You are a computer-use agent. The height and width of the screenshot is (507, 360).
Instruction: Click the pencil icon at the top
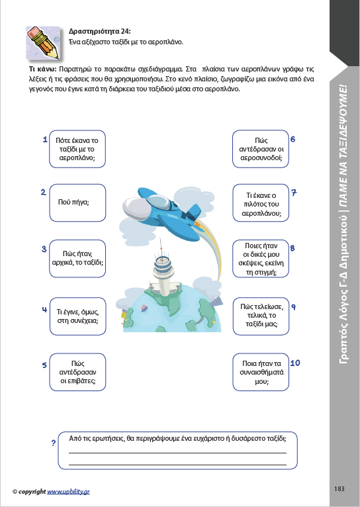[43, 43]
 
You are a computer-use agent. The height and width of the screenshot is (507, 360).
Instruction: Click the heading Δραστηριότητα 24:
[99, 31]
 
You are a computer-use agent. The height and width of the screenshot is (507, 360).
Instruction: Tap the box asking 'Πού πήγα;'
[77, 203]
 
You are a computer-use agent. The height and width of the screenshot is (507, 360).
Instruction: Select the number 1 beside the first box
[45, 140]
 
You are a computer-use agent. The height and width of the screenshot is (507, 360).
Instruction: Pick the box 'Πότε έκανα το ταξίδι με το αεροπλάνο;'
[77, 149]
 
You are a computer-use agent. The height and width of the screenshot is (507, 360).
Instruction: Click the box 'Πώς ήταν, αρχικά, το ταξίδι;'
[77, 258]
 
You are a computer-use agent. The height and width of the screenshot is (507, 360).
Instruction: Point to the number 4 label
[44, 310]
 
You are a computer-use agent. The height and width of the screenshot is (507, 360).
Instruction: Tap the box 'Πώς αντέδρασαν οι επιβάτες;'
[77, 372]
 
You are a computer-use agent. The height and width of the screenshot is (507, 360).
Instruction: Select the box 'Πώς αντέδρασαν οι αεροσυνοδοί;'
[261, 149]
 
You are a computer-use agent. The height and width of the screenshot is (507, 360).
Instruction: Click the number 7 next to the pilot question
[294, 193]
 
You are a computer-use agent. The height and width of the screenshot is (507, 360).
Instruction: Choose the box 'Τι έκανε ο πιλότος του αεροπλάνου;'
[261, 203]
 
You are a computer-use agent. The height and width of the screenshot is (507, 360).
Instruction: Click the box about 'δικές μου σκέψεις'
[261, 258]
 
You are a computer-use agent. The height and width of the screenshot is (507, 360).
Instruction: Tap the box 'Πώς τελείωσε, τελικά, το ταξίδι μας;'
[261, 316]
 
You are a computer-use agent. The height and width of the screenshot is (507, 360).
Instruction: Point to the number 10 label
[295, 363]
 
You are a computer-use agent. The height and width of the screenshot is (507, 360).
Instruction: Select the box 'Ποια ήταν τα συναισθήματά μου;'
[261, 372]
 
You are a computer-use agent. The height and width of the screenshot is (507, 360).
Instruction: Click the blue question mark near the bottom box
[54, 443]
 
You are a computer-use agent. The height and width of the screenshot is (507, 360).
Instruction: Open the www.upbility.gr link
[69, 492]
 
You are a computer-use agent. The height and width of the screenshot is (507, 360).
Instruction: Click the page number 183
[339, 488]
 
